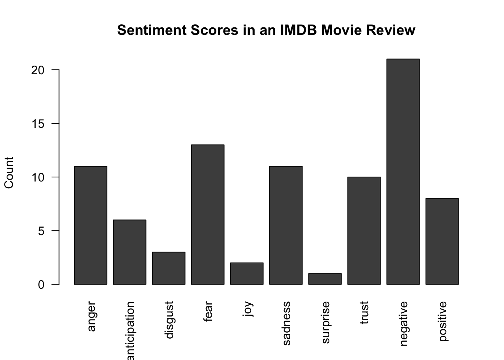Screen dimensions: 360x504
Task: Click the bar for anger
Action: point(90,225)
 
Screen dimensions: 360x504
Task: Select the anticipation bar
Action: point(129,252)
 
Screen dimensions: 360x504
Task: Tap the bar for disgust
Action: point(168,268)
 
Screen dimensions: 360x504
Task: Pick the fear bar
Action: point(207,214)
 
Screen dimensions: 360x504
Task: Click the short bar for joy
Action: point(246,273)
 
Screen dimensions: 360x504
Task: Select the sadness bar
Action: point(286,225)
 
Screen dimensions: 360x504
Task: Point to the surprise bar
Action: point(325,279)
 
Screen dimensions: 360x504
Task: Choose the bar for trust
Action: point(364,231)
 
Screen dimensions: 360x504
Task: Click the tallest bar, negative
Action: point(403,172)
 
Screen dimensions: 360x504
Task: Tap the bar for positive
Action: point(442,241)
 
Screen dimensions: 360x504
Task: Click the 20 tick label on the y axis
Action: point(38,70)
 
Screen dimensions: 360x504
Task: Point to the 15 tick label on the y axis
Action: point(38,124)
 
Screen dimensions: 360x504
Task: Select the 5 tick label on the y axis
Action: point(41,231)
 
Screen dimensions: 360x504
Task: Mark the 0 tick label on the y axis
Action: point(41,285)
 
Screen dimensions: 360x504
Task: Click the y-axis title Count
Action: point(9,172)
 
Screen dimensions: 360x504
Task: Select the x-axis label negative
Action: point(403,323)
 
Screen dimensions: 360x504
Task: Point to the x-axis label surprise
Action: point(325,322)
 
